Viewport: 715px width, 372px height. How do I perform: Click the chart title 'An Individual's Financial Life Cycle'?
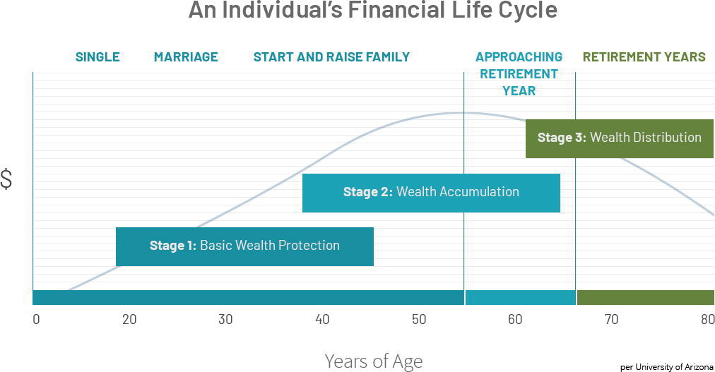coord(372,10)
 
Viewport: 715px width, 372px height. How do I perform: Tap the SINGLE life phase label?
coord(97,57)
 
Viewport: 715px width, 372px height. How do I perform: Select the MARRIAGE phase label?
coord(186,57)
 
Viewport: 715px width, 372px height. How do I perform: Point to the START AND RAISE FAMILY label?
coord(331,57)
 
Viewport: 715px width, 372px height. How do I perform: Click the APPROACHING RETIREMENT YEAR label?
coord(519,73)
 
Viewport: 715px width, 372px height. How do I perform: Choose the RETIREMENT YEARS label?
coord(644,57)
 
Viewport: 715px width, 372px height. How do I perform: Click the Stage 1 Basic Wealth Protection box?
coord(245,246)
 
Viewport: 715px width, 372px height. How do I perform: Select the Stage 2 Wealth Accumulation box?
coord(432,193)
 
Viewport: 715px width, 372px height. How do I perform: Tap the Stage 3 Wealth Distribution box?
coord(620,138)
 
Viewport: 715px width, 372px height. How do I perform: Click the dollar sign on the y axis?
coord(6,179)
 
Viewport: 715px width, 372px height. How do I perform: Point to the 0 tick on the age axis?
coord(36,319)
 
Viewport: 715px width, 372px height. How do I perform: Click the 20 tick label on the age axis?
coord(129,319)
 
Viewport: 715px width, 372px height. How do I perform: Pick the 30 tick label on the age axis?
coord(225,319)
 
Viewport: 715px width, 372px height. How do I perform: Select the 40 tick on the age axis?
coord(322,319)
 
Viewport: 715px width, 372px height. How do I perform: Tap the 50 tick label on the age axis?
coord(419,319)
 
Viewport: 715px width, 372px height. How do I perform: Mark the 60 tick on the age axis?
coord(515,319)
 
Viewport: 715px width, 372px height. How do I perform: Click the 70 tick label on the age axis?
coord(611,319)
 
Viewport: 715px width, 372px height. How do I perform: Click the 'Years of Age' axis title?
coord(374,361)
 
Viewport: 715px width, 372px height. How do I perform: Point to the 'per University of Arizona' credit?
coord(667,367)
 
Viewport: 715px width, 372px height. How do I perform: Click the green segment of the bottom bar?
coord(646,297)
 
